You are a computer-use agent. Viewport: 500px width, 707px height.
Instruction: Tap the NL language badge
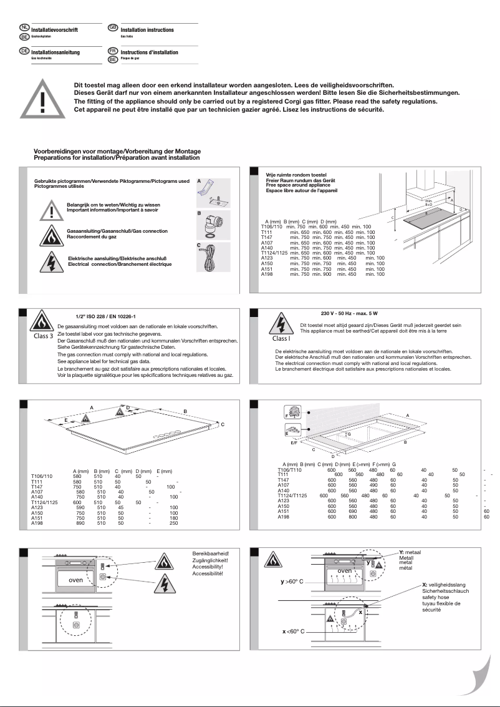click(24, 27)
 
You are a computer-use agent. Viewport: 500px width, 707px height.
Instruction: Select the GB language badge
click(113, 27)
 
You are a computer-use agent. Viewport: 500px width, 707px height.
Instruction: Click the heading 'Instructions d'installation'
click(149, 52)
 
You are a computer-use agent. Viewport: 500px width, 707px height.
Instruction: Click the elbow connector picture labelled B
click(213, 226)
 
